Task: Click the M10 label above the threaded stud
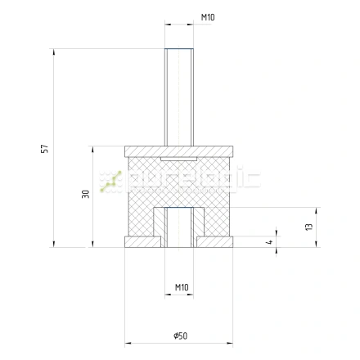coord(208,17)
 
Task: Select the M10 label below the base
coord(182,287)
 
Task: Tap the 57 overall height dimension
coord(44,149)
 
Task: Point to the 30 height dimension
coord(86,194)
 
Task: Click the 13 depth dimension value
coord(309,227)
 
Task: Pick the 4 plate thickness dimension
coord(269,241)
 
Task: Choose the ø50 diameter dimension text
coord(181,335)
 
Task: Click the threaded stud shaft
coord(179,97)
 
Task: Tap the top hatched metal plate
coord(179,151)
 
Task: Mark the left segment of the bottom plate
coord(142,242)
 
